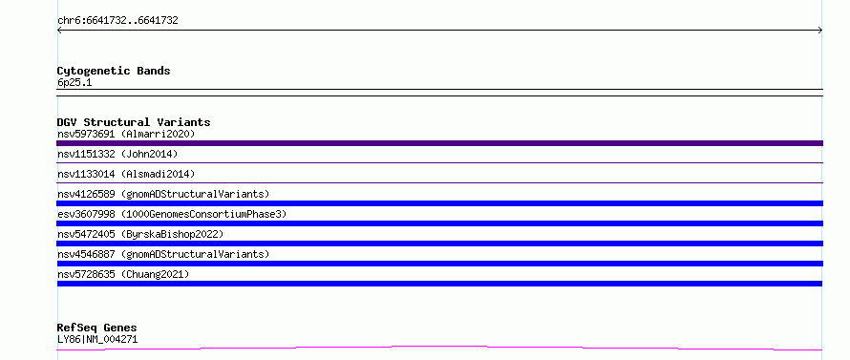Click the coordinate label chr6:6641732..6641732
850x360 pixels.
[117, 21]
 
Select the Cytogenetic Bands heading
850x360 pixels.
[114, 71]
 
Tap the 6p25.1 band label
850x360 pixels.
[74, 83]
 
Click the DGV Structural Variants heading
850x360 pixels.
[134, 122]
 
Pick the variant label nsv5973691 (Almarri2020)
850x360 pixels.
[126, 134]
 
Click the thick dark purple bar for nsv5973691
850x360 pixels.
[439, 143]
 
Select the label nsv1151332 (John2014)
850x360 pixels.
[117, 154]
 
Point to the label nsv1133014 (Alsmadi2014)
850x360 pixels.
[126, 174]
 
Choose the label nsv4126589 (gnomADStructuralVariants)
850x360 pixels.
[163, 194]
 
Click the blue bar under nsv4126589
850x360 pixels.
[439, 203]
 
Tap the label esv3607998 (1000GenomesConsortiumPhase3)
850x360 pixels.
[172, 214]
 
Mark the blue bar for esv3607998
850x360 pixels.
[439, 223]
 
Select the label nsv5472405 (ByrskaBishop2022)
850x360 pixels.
[140, 234]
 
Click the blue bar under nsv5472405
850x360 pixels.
[439, 244]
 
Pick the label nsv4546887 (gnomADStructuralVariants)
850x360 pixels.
[163, 254]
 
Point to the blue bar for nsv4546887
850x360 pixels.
[439, 264]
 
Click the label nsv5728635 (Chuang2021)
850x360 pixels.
[123, 274]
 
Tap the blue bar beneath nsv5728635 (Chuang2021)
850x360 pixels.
[439, 284]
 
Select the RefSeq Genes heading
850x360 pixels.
[97, 328]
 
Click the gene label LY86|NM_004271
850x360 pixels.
[97, 340]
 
